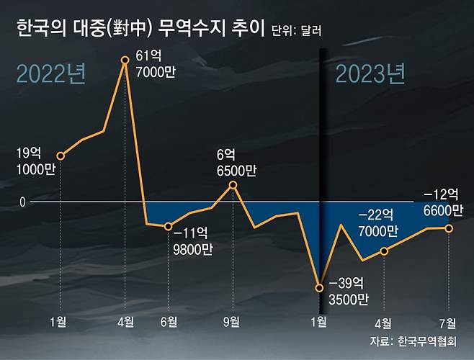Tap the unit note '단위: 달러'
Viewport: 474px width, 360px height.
coord(297,32)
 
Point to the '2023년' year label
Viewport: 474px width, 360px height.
coord(370,75)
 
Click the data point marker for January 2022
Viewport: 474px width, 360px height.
coord(61,156)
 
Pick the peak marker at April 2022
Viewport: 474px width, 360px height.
coord(125,60)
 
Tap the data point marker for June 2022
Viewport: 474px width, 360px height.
coord(169,226)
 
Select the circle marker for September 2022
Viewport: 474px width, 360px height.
coord(233,185)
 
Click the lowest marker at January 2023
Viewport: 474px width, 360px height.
coord(319,289)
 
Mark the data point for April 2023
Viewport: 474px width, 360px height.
coord(384,251)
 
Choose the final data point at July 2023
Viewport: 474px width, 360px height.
coord(449,228)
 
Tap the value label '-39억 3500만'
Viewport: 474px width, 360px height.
coord(349,290)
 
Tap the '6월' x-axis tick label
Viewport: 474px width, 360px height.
coord(169,321)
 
